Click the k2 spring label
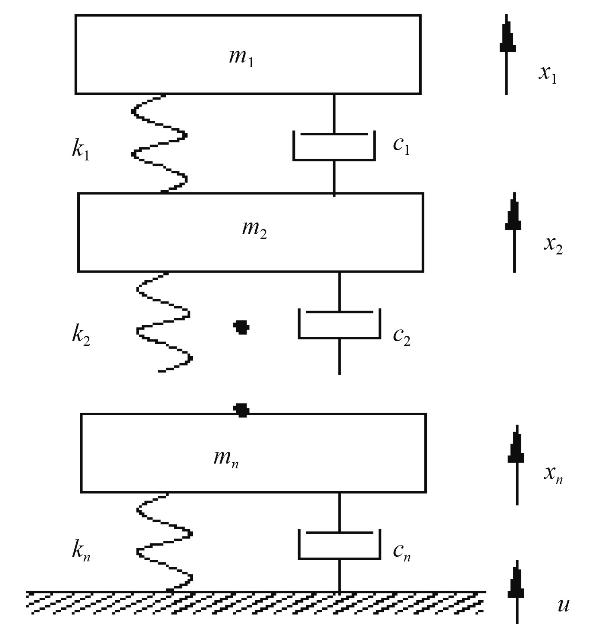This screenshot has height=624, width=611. (81, 335)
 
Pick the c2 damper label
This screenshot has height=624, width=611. (401, 336)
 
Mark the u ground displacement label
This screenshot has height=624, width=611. (563, 605)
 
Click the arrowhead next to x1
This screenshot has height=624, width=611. (507, 37)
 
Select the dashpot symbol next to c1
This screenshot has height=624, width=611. (334, 146)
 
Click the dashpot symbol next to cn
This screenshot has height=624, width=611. (339, 545)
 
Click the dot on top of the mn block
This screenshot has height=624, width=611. (241, 410)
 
